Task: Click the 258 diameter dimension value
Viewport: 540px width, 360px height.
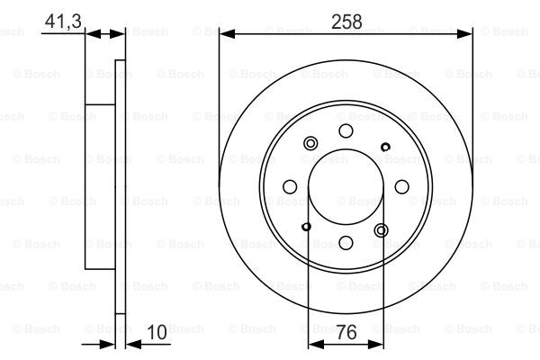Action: (346, 22)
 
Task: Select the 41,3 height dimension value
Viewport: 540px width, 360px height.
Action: (63, 21)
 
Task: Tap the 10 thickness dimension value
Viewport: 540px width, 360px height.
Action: (157, 332)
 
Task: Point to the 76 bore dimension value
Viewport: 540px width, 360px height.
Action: (346, 332)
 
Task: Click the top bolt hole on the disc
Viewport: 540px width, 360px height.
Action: (346, 130)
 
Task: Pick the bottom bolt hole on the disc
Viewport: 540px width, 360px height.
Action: (346, 243)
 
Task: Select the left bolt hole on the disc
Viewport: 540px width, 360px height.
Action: (290, 186)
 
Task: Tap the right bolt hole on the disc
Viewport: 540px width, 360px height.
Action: (402, 186)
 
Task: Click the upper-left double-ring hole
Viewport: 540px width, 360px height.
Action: (310, 143)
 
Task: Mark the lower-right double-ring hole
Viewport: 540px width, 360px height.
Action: (382, 230)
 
